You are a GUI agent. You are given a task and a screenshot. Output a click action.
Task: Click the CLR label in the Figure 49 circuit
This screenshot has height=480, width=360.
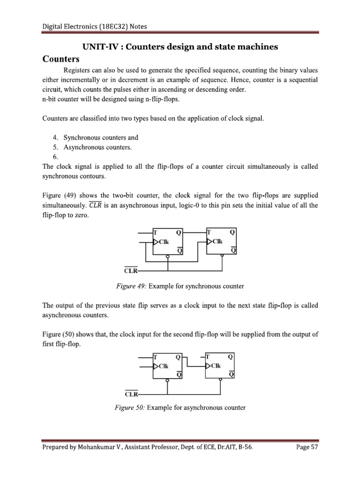point(130,271)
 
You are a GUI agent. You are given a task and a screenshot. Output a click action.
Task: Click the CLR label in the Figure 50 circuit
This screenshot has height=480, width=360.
point(130,394)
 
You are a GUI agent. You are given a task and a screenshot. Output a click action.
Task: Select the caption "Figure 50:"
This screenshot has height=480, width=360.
point(130,408)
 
